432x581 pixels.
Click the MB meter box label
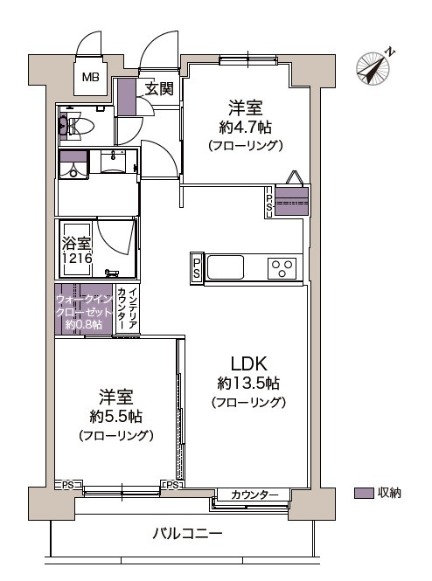coord(91,78)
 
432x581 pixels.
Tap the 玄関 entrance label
coord(159,88)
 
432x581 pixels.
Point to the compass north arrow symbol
coord(375,67)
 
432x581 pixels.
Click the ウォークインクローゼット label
coord(84,309)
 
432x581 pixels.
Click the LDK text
coord(247,363)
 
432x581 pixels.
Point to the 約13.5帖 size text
coord(248,384)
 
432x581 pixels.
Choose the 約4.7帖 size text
coord(245,128)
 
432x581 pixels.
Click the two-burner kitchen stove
coord(282,267)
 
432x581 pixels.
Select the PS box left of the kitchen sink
coord(197,268)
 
